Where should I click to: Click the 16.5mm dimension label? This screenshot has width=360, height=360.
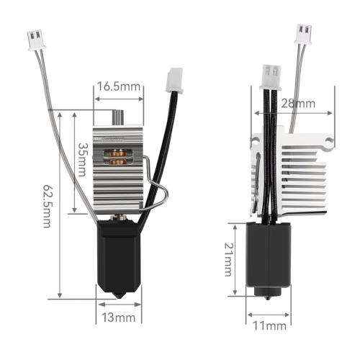(x=119, y=86)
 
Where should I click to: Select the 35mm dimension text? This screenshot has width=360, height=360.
(x=82, y=160)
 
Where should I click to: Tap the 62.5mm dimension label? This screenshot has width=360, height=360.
(x=47, y=206)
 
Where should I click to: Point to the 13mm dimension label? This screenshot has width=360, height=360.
(x=119, y=318)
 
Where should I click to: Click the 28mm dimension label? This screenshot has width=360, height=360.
(x=298, y=104)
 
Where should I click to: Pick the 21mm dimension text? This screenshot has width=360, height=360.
(x=228, y=260)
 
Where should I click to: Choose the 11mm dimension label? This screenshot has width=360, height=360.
(x=269, y=326)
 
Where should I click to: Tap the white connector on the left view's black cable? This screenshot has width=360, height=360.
(x=175, y=81)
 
